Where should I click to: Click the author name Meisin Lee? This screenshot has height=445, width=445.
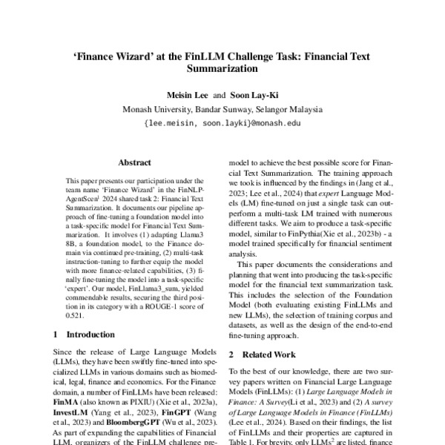(x=183, y=95)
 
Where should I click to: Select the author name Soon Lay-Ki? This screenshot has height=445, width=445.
(x=252, y=95)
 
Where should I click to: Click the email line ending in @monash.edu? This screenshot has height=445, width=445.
(x=222, y=123)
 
